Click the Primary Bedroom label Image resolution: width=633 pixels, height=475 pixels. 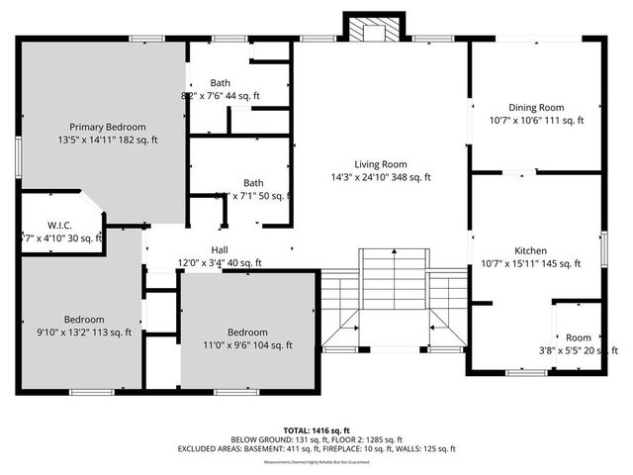coord(107,127)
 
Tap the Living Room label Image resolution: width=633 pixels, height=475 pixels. coord(381,164)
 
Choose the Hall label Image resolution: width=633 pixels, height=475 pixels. coord(220,250)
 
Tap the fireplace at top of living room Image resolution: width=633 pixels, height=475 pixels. coord(371,31)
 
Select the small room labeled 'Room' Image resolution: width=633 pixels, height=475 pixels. coord(579,338)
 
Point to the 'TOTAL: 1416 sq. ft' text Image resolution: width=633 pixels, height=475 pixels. coord(316,430)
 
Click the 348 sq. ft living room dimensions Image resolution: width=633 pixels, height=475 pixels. coord(381,178)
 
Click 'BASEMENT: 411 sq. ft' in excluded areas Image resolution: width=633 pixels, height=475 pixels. coord(286,448)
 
